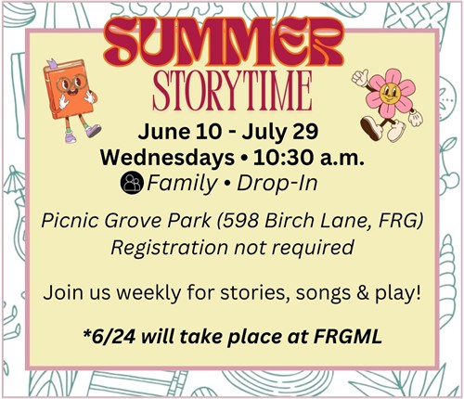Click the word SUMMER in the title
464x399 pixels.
[x=225, y=41]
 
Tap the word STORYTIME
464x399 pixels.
[x=232, y=90]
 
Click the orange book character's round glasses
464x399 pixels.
[x=71, y=83]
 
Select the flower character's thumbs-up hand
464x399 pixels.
[x=360, y=77]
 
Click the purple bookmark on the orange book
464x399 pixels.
[x=51, y=64]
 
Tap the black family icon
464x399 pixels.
[x=132, y=184]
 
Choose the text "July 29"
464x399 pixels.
[x=280, y=132]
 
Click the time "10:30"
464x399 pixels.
[x=284, y=158]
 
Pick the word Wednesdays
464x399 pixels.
[x=167, y=158]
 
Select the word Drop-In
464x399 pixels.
[x=277, y=184]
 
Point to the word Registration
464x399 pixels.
[x=169, y=248]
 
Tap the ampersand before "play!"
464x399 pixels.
[x=363, y=293]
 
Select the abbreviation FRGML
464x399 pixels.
[x=348, y=337]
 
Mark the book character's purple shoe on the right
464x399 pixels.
[x=93, y=131]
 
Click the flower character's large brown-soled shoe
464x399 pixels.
[x=371, y=128]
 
